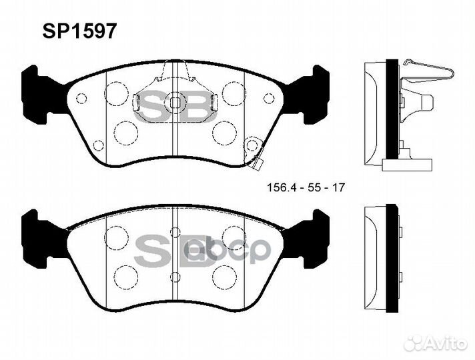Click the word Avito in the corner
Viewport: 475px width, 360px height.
tap(449, 342)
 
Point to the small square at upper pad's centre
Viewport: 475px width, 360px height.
tap(174, 103)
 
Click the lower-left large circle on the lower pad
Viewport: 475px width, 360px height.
tap(123, 275)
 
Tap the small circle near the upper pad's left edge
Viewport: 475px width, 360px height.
tap(81, 99)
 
